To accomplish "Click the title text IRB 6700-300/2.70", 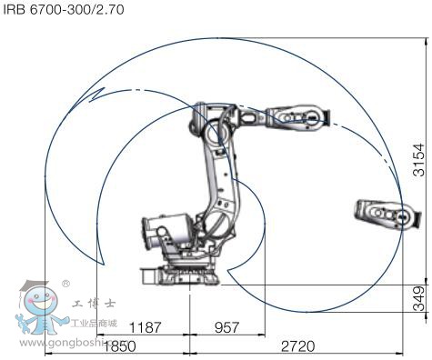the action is point(64,10).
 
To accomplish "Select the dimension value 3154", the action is point(419,160).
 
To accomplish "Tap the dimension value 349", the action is point(419,298).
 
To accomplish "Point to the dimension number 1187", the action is point(146,327).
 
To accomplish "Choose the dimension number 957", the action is point(226,327).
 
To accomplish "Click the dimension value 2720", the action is point(298,346).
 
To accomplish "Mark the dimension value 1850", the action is point(119,346).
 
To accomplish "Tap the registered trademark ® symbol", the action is point(65,284).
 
